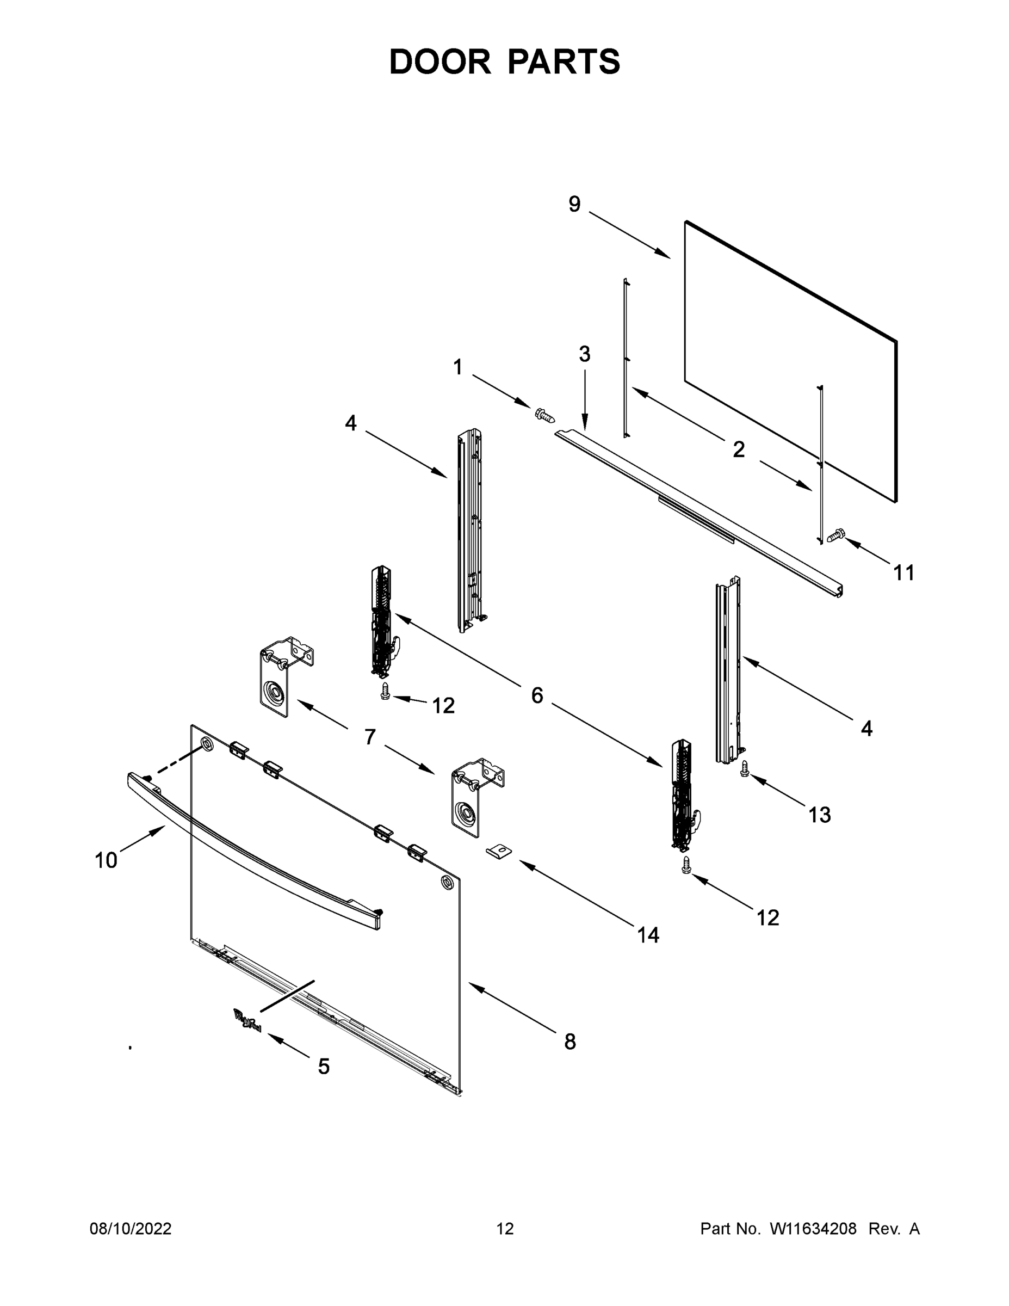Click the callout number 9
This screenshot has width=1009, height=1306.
coord(574,205)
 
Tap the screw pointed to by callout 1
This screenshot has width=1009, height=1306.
coord(544,414)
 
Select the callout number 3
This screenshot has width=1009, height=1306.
coord(584,354)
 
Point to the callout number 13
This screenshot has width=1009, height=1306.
coord(819,815)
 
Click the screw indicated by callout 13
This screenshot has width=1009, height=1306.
coord(744,769)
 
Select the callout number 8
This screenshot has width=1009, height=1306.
coord(570,1042)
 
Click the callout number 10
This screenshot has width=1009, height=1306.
coord(106,860)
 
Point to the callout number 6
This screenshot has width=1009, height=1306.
coord(537,695)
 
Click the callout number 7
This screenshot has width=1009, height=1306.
coord(370,737)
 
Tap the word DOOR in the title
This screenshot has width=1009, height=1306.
coord(439,61)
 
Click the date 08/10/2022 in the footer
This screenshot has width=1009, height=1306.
coord(131,1228)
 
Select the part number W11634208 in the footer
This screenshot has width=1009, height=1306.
coord(813,1228)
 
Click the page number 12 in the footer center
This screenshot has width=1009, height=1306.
coord(505,1228)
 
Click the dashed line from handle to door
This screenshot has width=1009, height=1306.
coord(174,762)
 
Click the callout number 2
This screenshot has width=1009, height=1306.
coord(738,449)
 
